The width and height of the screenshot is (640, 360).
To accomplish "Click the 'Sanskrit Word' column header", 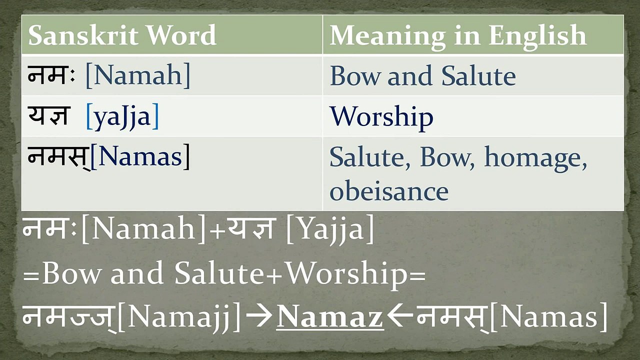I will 122,35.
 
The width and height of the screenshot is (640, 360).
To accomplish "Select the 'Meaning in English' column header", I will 457,35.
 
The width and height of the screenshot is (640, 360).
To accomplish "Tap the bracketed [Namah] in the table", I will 138,75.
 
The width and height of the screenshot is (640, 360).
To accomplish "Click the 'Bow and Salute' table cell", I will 422,76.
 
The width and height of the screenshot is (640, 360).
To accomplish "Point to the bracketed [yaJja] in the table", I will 122,116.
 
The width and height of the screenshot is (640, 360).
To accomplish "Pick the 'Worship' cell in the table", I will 381,116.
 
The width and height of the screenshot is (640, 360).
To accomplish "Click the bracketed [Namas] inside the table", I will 140,157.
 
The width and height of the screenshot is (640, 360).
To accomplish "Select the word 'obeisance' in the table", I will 389,191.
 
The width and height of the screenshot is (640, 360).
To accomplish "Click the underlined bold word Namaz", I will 330,317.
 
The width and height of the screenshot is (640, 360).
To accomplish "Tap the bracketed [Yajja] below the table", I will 329,230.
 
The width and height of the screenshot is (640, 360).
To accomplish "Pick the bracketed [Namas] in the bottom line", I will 548,317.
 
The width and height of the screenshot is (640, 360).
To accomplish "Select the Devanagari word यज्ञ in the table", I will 48,116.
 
